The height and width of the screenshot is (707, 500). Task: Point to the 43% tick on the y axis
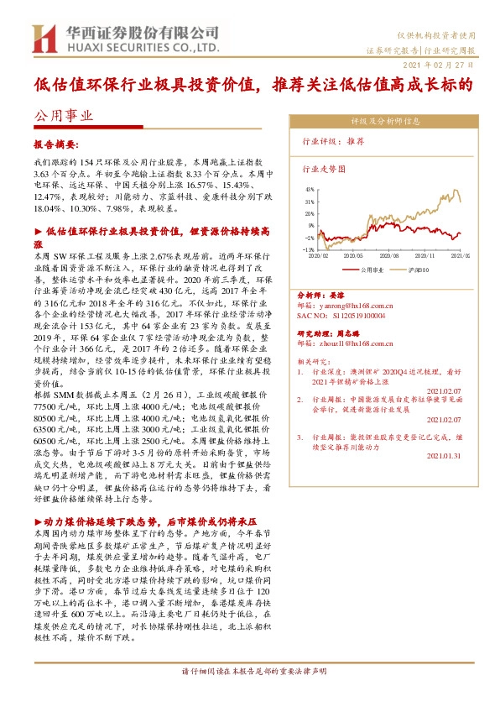coord(310,190)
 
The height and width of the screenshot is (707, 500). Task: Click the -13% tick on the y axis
coord(309,249)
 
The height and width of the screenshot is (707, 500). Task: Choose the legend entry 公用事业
coord(371,270)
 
